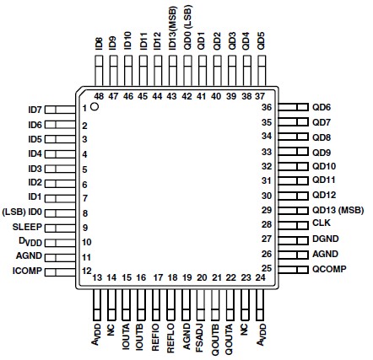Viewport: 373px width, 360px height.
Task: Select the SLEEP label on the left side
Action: [x=27, y=228]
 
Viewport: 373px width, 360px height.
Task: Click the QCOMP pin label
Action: [x=329, y=269]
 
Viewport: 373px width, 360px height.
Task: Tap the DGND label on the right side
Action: [x=325, y=240]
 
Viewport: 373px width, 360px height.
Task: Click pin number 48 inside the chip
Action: [x=99, y=96]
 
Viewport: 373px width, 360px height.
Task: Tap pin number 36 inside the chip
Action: [x=267, y=108]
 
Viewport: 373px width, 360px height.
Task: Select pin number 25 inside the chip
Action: [x=267, y=268]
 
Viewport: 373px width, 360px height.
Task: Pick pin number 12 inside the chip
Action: [x=86, y=270]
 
